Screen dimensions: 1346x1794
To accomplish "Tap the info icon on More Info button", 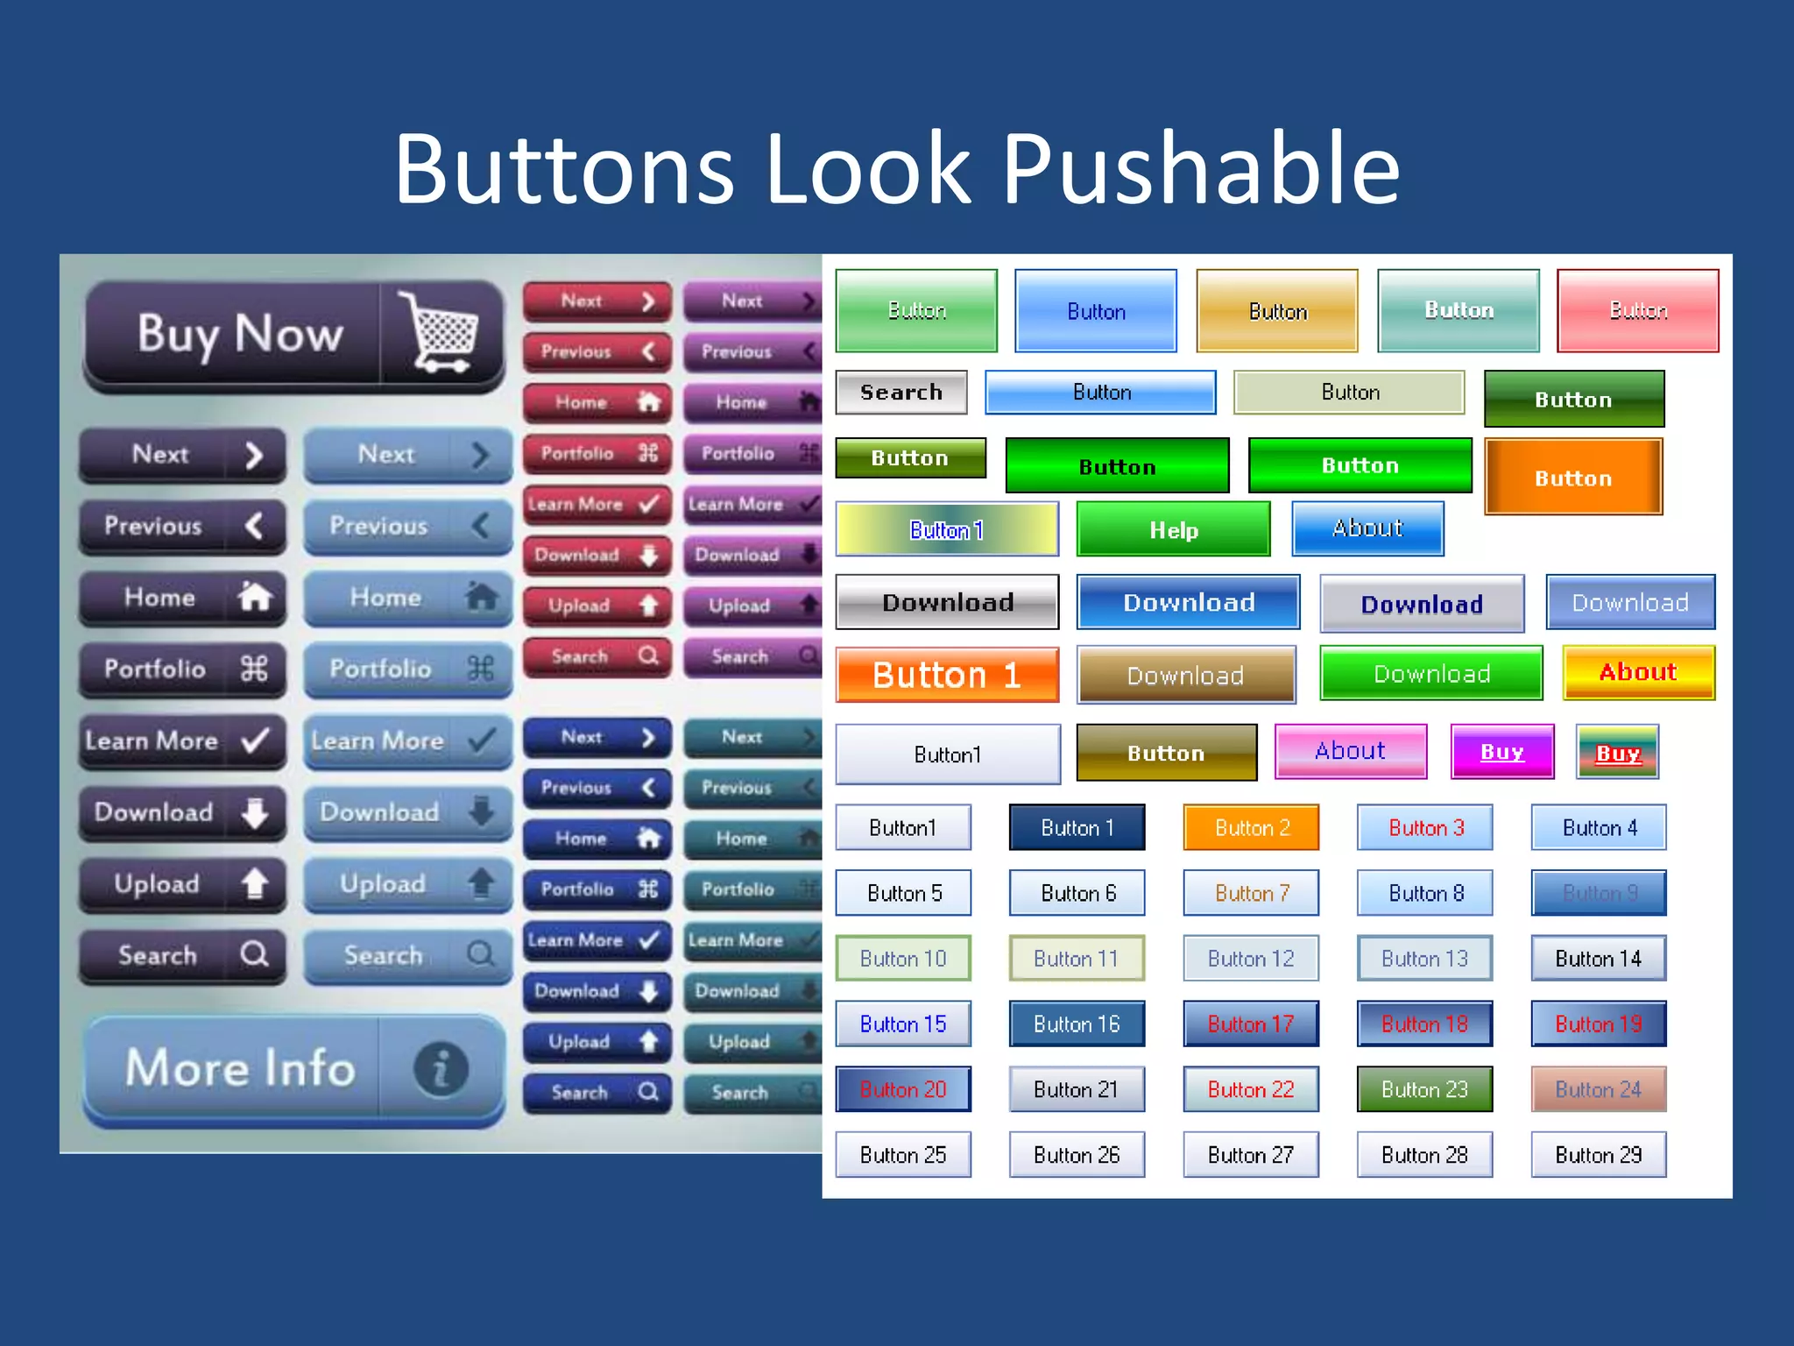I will pyautogui.click(x=441, y=1068).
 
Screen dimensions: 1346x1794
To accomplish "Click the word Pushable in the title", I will pyautogui.click(x=1200, y=168).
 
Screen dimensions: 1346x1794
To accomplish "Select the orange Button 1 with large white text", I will pyautogui.click(x=947, y=675).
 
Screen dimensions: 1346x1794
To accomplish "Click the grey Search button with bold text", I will pyautogui.click(x=901, y=392).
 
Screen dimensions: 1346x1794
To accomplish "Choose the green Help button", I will pyautogui.click(x=1173, y=529).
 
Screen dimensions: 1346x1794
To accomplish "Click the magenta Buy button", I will pyautogui.click(x=1501, y=752).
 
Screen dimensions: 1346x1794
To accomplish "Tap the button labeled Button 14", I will pyautogui.click(x=1598, y=959).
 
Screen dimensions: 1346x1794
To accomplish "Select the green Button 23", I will pyautogui.click(x=1424, y=1089).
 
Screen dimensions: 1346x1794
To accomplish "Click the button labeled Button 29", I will pyautogui.click(x=1598, y=1155).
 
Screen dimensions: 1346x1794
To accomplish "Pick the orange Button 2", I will pyautogui.click(x=1251, y=828).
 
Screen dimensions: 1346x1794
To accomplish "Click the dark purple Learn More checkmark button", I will pyautogui.click(x=182, y=741).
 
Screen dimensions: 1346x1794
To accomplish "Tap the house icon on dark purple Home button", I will pyautogui.click(x=255, y=598).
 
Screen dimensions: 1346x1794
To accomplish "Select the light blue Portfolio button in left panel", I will pyautogui.click(x=407, y=669).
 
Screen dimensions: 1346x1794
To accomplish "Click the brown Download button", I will pyautogui.click(x=1185, y=675).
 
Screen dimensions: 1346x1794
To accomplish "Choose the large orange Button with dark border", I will pyautogui.click(x=1573, y=478).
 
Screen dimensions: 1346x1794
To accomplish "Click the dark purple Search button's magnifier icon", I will pyautogui.click(x=255, y=953).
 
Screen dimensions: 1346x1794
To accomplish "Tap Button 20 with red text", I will pyautogui.click(x=903, y=1089).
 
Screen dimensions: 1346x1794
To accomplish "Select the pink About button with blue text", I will pyautogui.click(x=1350, y=751).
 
